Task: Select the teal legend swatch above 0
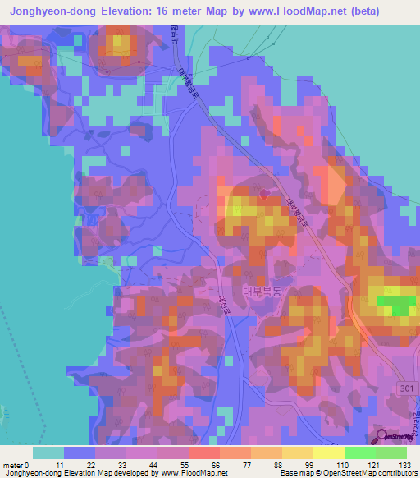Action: point(48,453)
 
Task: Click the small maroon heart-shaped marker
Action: point(263,194)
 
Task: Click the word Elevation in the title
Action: point(139,11)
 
